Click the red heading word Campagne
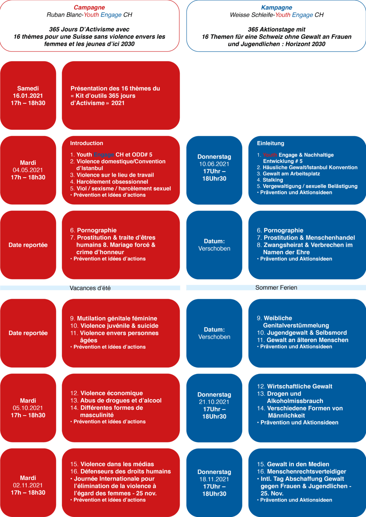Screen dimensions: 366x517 click(89, 8)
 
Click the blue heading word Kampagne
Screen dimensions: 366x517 click(277, 8)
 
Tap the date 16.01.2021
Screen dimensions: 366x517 click(28, 96)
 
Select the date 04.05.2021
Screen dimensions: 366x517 click(28, 170)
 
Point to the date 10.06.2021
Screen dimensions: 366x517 click(214, 164)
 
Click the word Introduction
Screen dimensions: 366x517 click(87, 143)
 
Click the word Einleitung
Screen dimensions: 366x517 click(271, 143)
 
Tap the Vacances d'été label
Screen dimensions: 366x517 click(90, 288)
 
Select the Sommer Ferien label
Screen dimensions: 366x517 click(276, 287)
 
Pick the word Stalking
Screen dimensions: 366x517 click(273, 180)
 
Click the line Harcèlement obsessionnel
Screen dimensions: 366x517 click(112, 182)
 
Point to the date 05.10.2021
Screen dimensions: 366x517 click(28, 408)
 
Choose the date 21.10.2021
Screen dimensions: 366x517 click(214, 402)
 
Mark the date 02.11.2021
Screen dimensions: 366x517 click(28, 485)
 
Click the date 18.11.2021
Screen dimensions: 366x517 click(214, 479)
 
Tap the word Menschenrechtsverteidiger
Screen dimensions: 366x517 click(307, 471)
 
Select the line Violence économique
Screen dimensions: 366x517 click(112, 393)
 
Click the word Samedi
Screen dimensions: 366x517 click(28, 89)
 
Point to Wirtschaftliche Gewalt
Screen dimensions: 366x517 click(300, 386)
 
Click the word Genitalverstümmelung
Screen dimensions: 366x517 click(296, 325)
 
